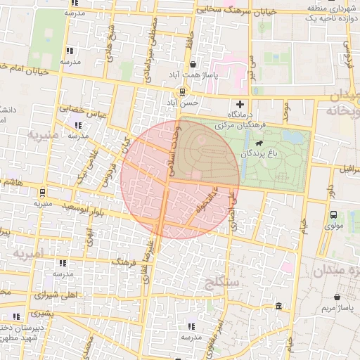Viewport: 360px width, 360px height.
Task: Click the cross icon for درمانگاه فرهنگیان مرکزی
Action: [240, 105]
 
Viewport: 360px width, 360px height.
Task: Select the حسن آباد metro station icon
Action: [182, 91]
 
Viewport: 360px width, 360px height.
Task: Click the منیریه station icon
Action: [42, 192]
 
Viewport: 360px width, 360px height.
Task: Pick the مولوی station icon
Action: [333, 215]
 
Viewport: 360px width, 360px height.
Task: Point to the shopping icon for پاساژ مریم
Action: [339, 297]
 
